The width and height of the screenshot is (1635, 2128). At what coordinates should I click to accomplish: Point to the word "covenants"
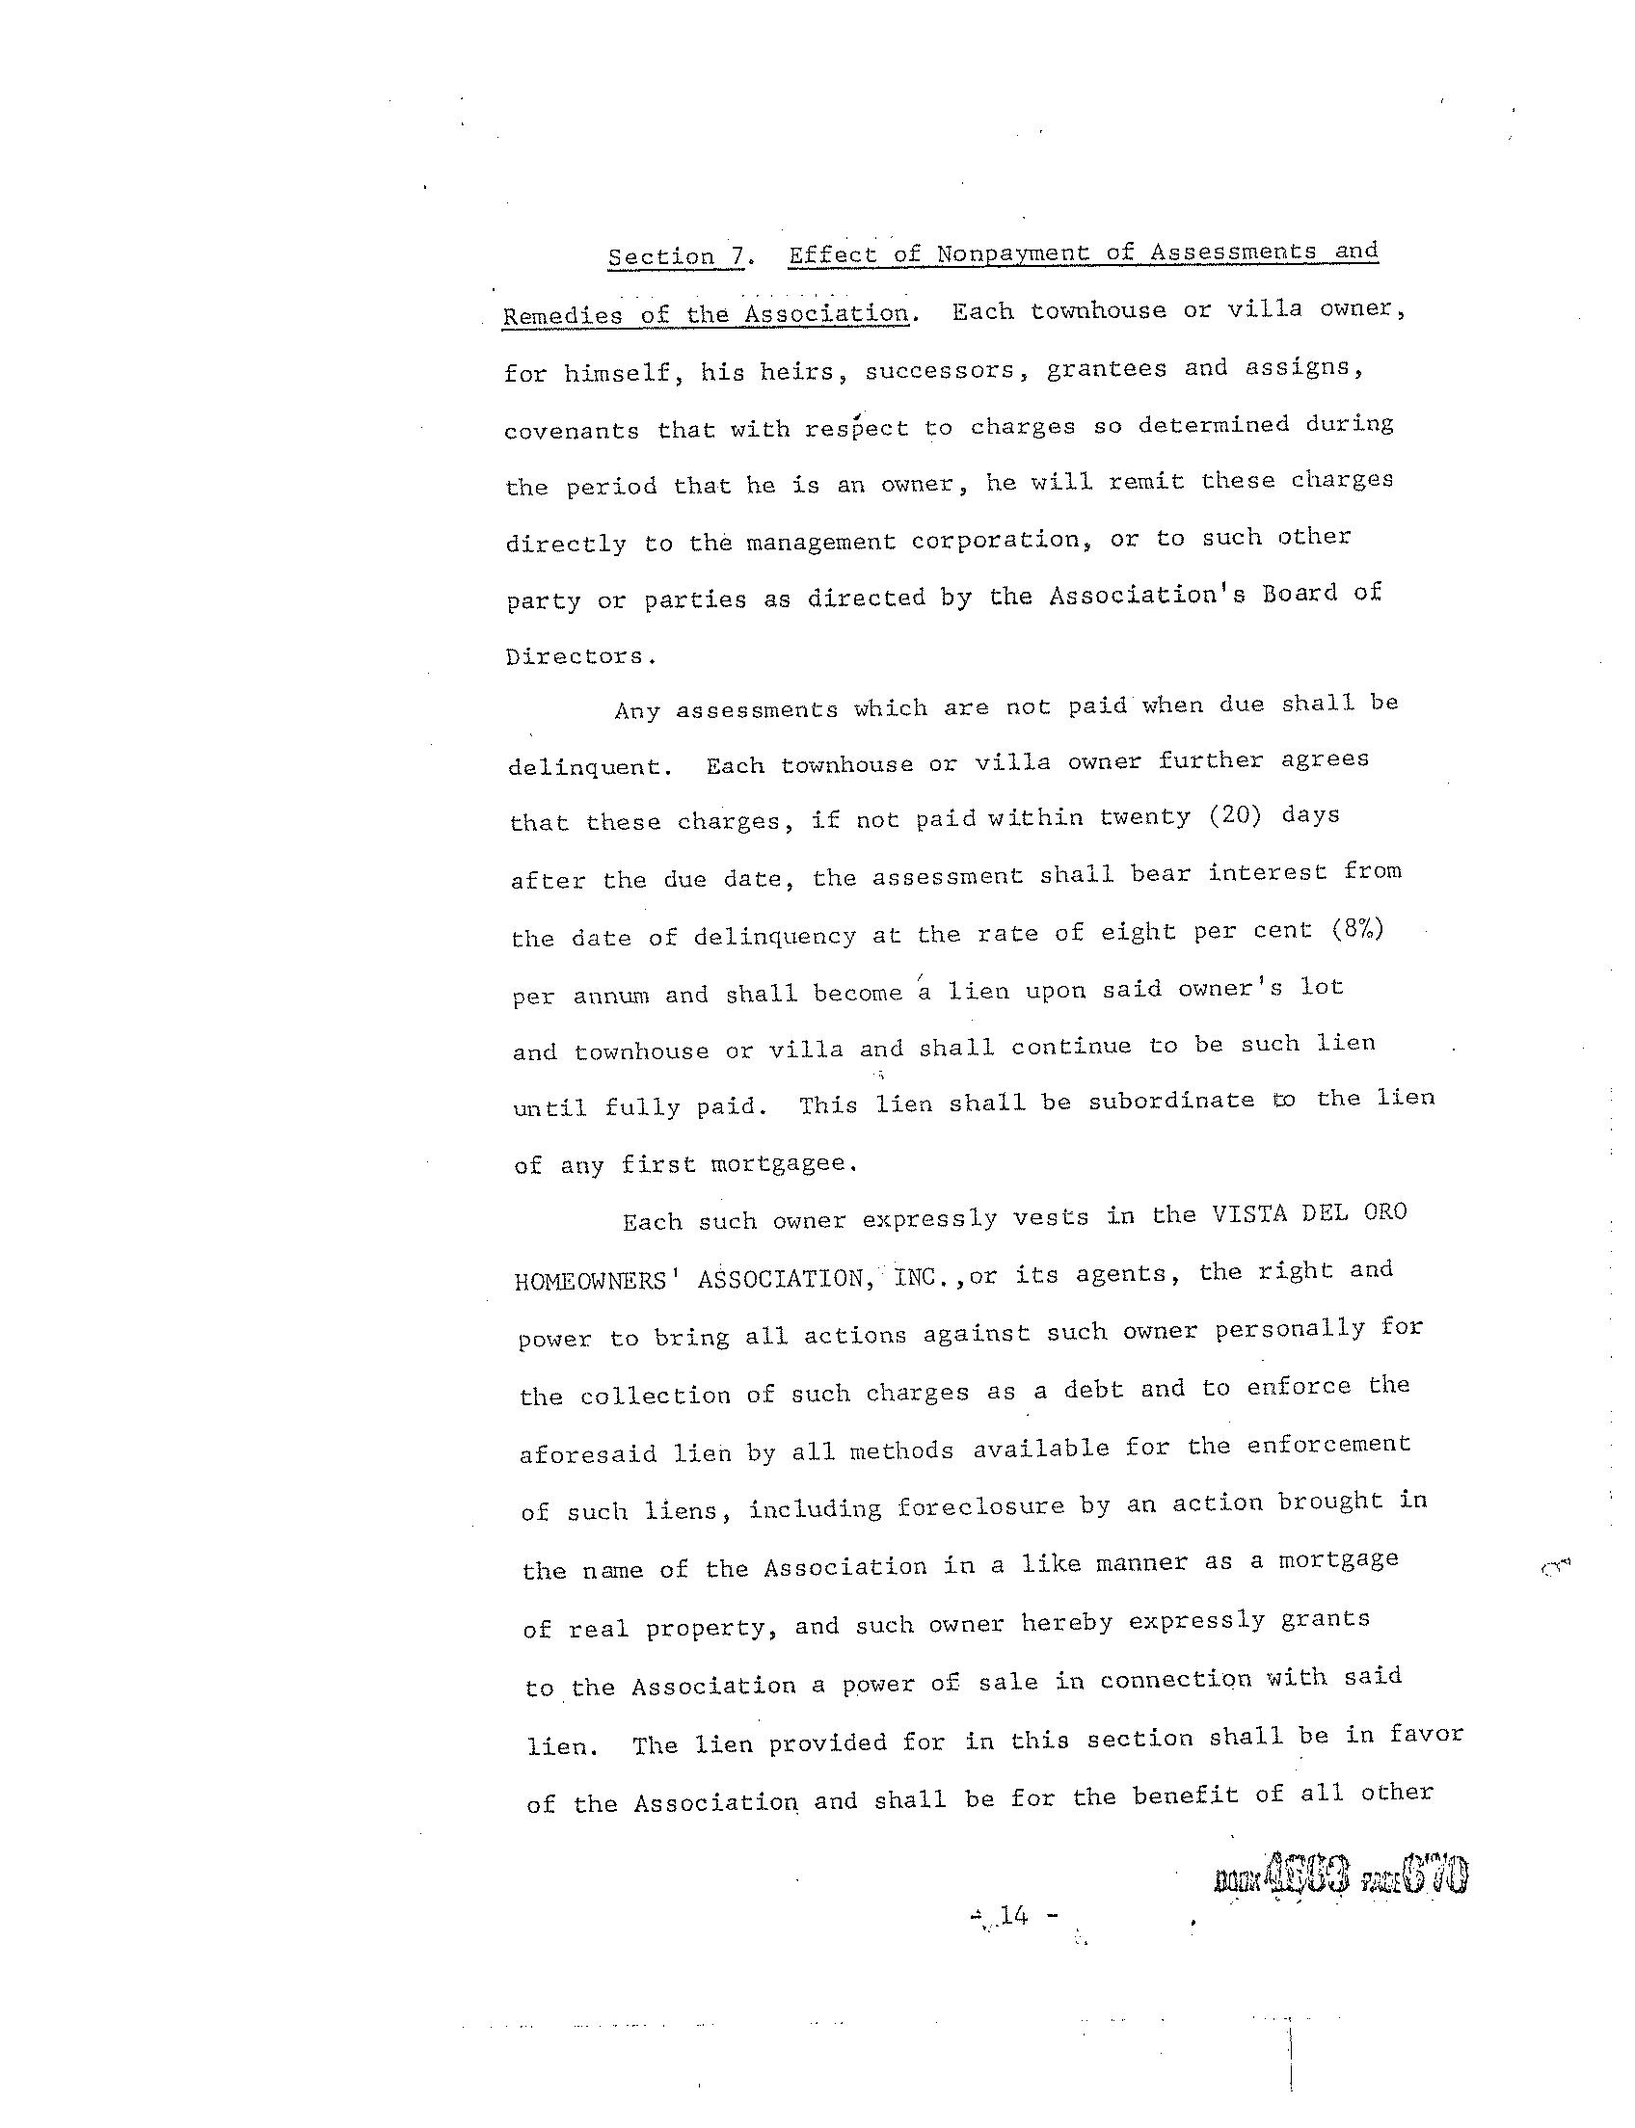[572, 431]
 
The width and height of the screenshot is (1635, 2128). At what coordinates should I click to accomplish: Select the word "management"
[820, 542]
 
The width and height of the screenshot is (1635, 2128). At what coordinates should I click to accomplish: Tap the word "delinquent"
[589, 767]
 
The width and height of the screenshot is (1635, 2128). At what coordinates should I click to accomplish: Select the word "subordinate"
[1171, 1102]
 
